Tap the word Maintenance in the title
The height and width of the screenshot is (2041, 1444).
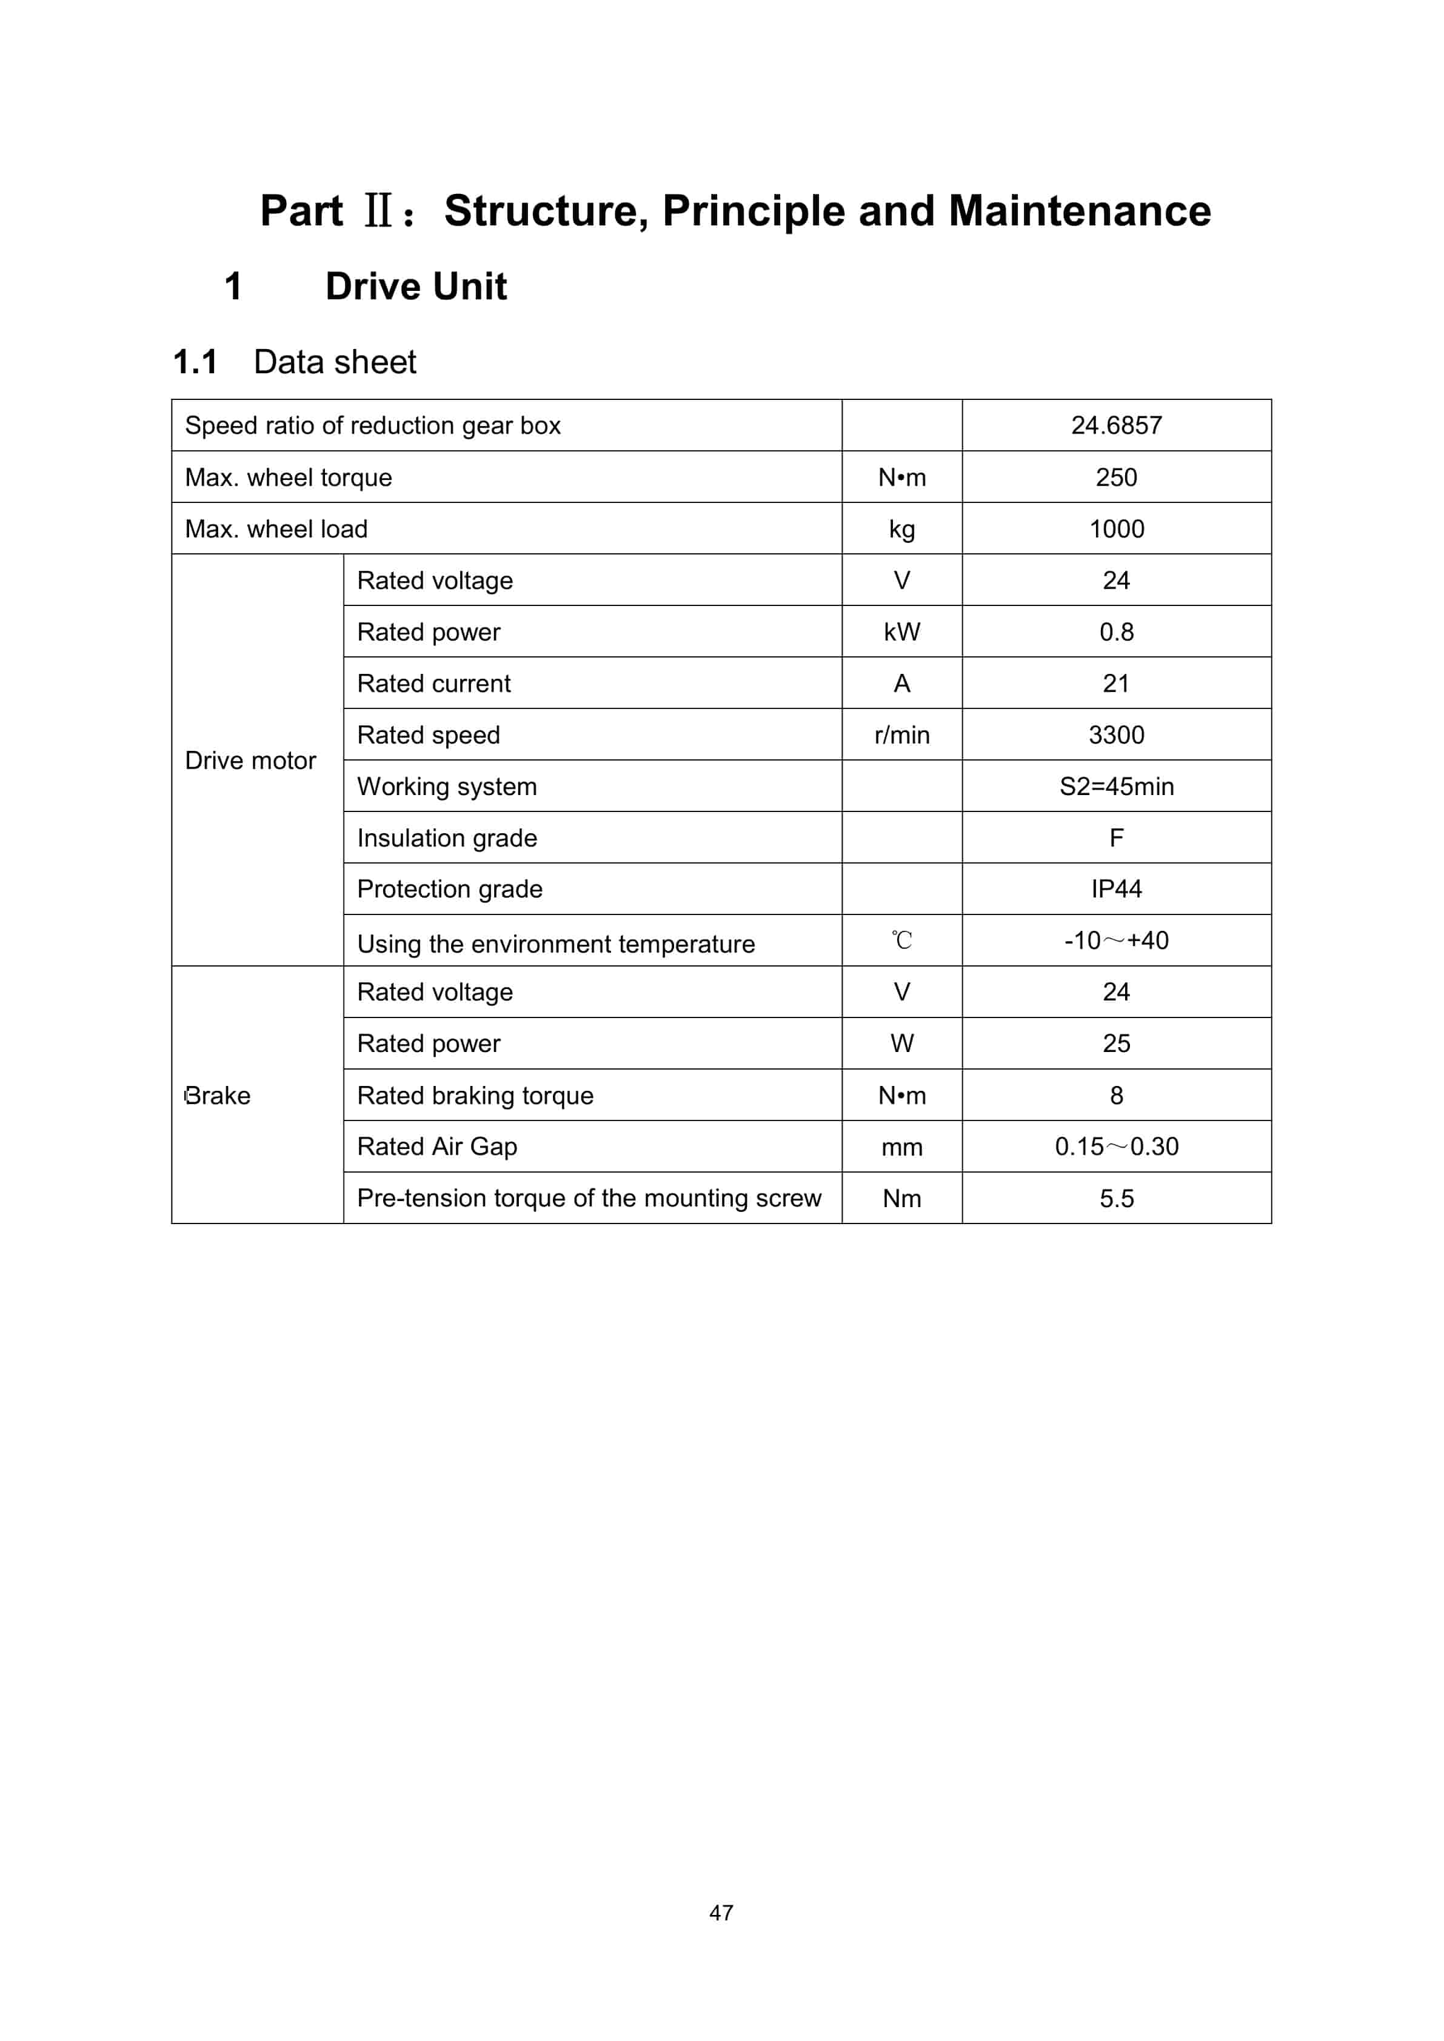[x=1080, y=211]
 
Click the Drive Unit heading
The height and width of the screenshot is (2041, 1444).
[x=416, y=286]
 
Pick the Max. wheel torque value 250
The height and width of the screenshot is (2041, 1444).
[x=1116, y=478]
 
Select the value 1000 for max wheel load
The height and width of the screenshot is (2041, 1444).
[x=1116, y=529]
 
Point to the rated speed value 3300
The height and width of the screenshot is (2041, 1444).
[x=1116, y=735]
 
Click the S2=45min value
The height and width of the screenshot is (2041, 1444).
[x=1116, y=787]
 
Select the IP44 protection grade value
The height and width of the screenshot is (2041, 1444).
[x=1116, y=889]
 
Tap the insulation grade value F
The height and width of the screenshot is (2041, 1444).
[x=1116, y=838]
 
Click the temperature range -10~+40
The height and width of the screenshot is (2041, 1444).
[x=1116, y=941]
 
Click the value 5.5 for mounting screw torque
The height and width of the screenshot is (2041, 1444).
[x=1116, y=1198]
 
